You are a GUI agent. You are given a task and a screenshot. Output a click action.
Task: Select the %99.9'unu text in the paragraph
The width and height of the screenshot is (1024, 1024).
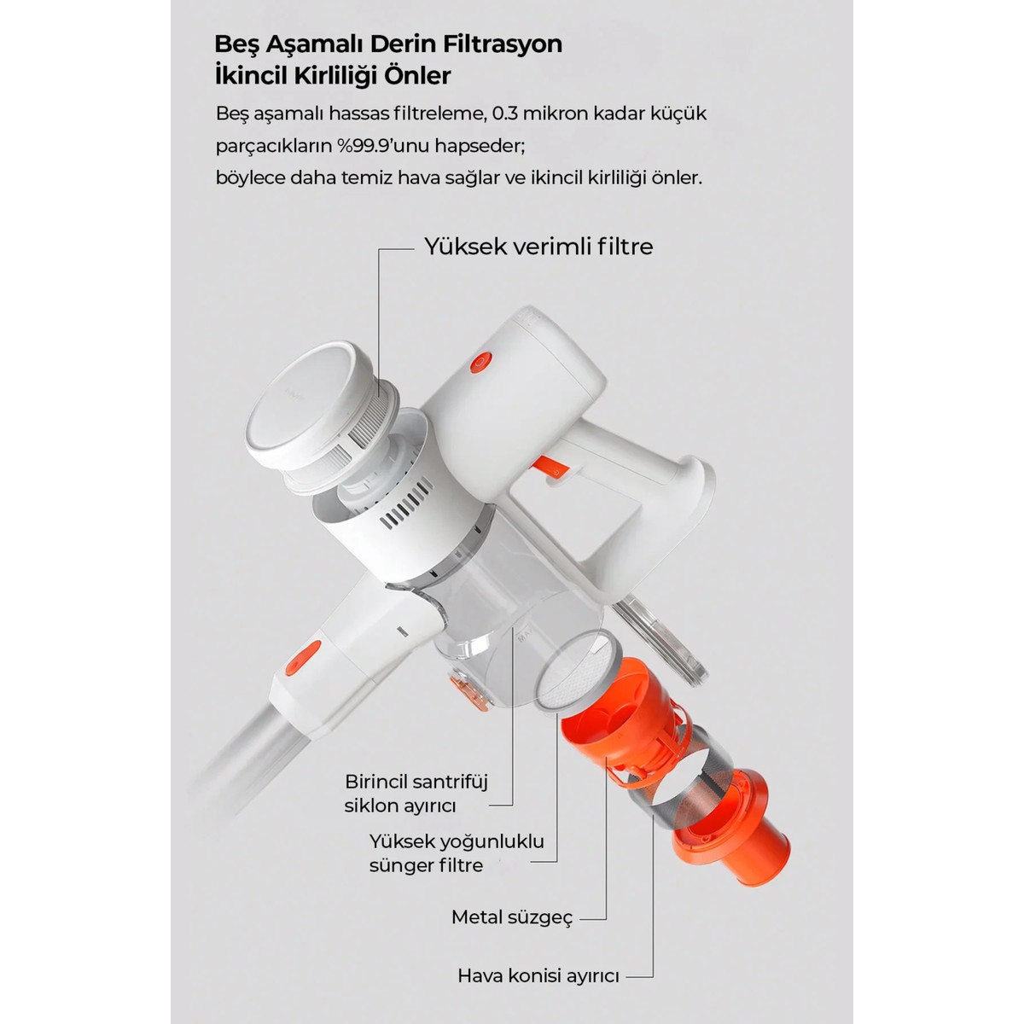[383, 146]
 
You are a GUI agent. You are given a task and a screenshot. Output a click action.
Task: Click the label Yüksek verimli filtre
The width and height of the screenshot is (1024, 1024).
[538, 247]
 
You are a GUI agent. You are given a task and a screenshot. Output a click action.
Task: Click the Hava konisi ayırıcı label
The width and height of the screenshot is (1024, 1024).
[538, 976]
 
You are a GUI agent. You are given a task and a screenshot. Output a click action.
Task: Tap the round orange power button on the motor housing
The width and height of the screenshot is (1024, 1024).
[480, 364]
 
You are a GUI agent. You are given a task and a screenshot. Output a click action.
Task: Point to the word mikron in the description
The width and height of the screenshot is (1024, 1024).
[555, 113]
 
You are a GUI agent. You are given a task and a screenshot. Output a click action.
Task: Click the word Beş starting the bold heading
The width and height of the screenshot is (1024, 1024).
[236, 45]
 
